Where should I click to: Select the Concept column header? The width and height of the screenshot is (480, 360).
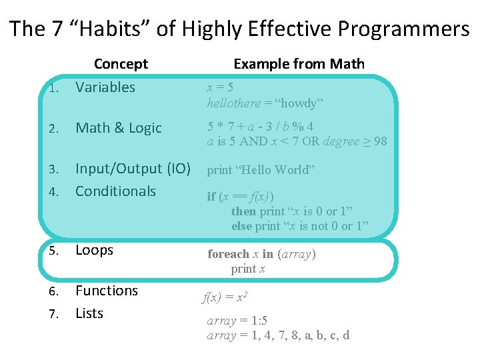tap(121, 64)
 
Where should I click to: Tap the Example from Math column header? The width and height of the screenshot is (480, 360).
tap(299, 64)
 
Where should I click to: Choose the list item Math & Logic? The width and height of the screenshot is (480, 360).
tap(118, 128)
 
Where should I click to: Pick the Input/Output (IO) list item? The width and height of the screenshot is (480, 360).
tap(133, 169)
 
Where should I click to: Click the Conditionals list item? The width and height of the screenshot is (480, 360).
tap(115, 191)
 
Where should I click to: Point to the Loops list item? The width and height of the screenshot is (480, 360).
tap(94, 250)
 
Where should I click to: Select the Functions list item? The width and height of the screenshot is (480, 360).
tap(107, 291)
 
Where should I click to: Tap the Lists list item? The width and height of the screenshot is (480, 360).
tap(89, 313)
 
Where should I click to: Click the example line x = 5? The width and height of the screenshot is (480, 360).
tap(219, 87)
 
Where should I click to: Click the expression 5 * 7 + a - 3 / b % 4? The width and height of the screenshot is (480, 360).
tap(260, 126)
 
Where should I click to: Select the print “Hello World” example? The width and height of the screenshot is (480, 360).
tap(259, 169)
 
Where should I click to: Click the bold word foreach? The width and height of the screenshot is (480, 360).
tap(227, 254)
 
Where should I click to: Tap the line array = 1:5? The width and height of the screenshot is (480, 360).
tap(237, 321)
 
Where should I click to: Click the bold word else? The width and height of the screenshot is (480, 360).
tap(241, 226)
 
